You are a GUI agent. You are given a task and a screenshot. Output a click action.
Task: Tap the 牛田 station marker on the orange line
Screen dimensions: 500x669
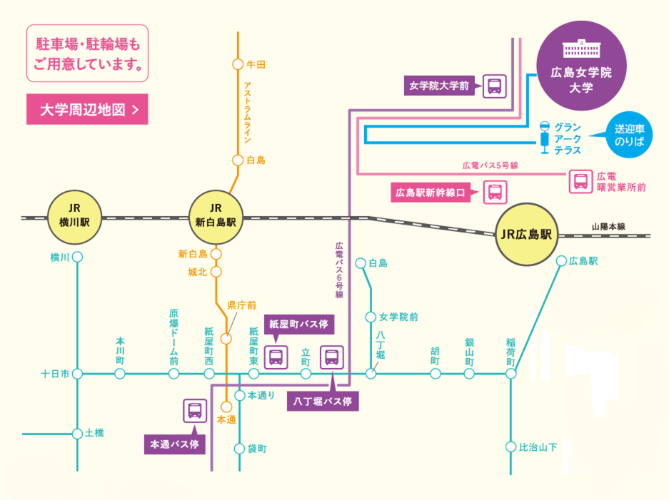238,64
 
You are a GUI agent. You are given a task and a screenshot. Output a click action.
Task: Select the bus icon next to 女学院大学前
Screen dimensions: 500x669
495,86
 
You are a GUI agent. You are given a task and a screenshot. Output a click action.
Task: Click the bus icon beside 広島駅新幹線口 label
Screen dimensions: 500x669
495,192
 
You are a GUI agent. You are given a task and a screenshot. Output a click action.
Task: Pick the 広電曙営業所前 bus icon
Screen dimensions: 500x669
580,181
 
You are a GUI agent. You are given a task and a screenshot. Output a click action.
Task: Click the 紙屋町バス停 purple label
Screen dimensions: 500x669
298,324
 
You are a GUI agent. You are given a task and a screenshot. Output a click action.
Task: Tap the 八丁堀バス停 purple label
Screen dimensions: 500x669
323,401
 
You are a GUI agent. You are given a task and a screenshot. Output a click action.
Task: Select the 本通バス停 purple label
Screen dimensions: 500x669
174,444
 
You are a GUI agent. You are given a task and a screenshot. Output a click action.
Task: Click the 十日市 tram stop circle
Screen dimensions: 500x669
77,373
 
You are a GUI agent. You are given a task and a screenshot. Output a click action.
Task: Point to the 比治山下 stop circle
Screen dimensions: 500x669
511,447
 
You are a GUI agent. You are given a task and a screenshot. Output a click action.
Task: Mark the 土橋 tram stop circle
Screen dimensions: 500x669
77,433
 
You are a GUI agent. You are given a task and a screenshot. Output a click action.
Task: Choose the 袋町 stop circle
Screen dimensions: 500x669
239,449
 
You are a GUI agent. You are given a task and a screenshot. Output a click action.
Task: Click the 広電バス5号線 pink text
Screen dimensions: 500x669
489,165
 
